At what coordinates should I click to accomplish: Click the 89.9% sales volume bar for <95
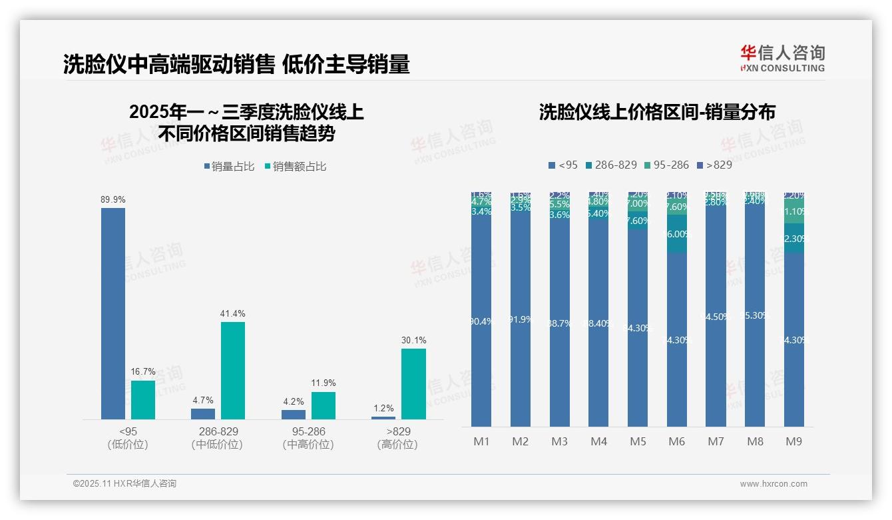pos(113,313)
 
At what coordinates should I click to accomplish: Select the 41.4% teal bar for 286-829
pos(233,371)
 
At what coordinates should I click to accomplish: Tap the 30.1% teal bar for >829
pos(413,384)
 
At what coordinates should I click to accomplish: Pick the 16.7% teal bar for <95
pos(143,400)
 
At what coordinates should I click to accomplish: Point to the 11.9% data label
pos(324,383)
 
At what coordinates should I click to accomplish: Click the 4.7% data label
pos(203,401)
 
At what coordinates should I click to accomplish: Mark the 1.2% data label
pos(383,409)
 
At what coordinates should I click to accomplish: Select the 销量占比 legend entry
pos(229,167)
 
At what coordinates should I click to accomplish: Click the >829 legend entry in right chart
pos(714,165)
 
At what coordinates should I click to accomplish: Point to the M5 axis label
pos(638,441)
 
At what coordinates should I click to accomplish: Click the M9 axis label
pos(793,441)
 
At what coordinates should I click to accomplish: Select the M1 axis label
pos(481,441)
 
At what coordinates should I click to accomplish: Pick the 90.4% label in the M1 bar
pos(481,321)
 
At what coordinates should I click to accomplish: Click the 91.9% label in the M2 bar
pos(521,319)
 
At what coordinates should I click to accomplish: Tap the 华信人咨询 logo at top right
pos(782,58)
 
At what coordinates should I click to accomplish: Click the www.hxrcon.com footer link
pos(774,484)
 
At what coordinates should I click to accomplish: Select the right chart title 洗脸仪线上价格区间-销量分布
pos(657,113)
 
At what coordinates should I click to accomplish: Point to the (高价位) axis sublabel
pos(397,445)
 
